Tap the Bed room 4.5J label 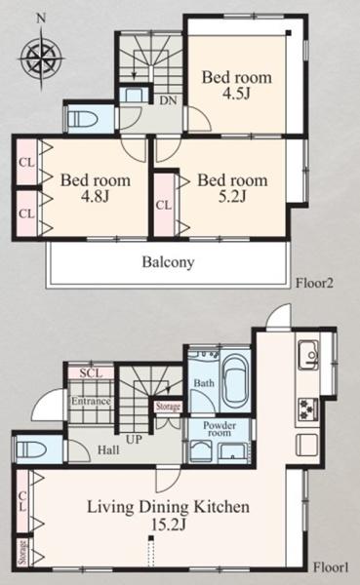coord(237,85)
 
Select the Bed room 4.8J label coord(96,187)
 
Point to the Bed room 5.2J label coord(232,187)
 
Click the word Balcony coord(168,262)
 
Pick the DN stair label coord(168,100)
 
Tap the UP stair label coord(134,440)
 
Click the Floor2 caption coord(314,283)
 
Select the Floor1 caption coord(331,567)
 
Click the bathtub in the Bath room coord(235,383)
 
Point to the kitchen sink coord(308,355)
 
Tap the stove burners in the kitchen coord(308,409)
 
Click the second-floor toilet coord(83,119)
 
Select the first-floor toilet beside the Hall coord(32,449)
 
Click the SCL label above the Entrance coord(91,373)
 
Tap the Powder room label coord(220,429)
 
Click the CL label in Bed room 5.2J coord(164,205)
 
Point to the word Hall coord(108,449)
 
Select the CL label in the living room coord(22,501)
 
